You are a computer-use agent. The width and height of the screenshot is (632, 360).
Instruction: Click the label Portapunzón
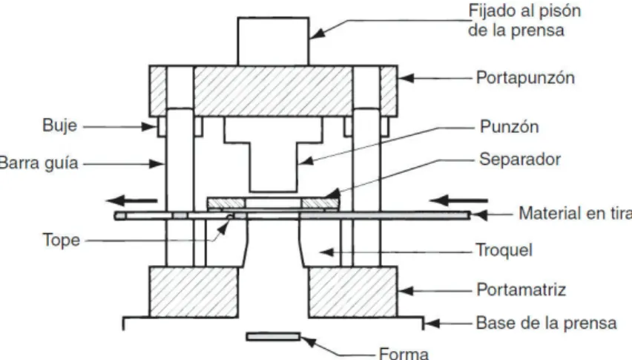pos(525,78)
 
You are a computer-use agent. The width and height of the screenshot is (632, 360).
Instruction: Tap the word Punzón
pos(509,127)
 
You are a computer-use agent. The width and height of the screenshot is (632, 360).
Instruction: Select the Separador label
pos(519,160)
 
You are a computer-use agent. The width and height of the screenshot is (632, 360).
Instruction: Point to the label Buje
pos(59,125)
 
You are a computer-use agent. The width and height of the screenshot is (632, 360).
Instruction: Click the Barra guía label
pos(39,163)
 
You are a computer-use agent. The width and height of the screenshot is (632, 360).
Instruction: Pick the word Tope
pos(62,240)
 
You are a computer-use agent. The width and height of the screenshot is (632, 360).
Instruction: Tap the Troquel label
pos(504,250)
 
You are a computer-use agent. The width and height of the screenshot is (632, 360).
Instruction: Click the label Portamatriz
pos(521,289)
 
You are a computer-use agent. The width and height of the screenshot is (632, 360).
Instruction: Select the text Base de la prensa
pos(546,323)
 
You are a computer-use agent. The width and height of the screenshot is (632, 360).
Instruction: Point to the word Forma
pos(404,353)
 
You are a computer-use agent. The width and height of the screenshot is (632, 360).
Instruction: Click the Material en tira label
pos(575,213)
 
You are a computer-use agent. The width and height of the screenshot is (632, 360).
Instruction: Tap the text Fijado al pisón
pos(524,11)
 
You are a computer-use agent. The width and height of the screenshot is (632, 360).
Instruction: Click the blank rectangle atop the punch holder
pos(273,41)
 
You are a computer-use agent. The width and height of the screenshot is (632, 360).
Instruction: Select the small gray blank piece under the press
pos(273,336)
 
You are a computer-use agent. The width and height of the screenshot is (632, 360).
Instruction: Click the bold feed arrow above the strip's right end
pos(458,200)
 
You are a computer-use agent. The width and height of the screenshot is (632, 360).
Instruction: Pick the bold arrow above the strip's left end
pos(131,200)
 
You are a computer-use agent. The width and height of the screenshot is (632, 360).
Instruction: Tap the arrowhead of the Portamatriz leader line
pos(406,291)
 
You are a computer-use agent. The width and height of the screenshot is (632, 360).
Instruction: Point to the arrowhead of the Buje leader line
pos(150,127)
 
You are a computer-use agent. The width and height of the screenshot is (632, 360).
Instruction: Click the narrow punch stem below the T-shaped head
pos(273,167)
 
